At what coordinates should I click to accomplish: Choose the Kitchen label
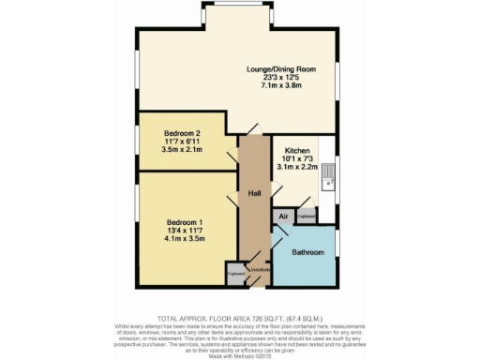tap(297, 150)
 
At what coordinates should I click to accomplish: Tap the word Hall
tap(254, 194)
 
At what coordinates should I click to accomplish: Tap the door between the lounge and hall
tap(253, 130)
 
